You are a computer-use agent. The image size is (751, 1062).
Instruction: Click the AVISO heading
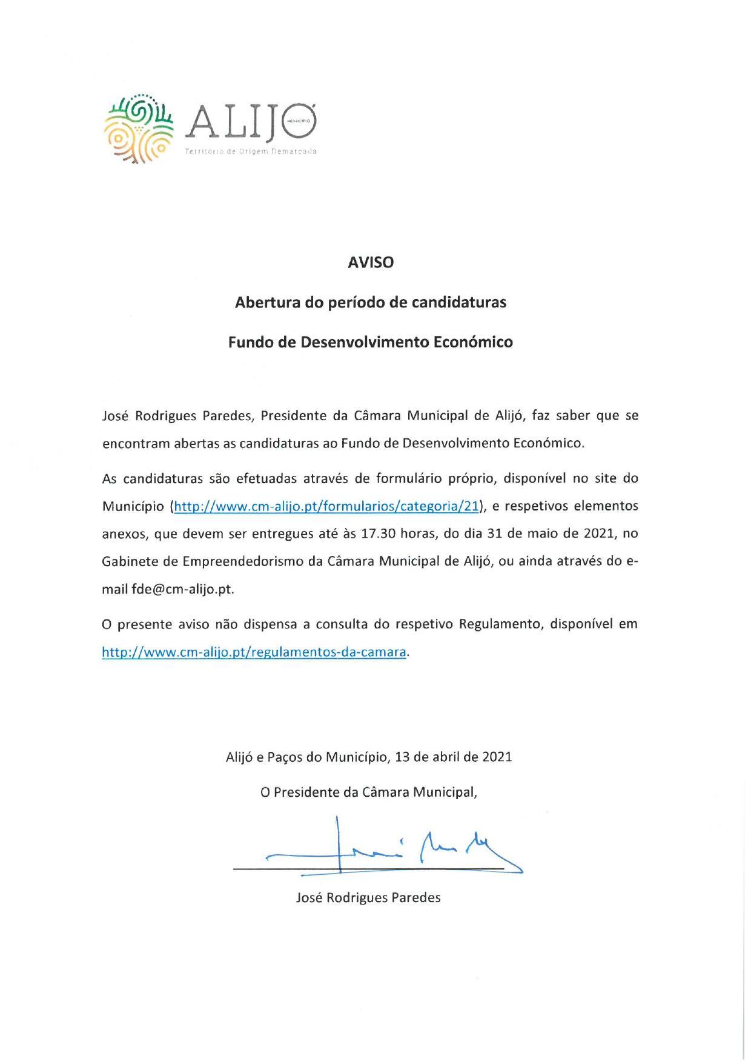click(x=370, y=263)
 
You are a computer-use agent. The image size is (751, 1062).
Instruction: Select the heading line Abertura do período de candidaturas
click(x=370, y=302)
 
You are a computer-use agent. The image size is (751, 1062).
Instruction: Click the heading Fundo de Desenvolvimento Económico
click(x=370, y=342)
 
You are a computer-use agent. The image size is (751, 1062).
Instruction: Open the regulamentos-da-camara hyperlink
click(x=254, y=652)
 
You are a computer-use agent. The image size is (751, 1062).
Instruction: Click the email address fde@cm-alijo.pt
click(x=182, y=589)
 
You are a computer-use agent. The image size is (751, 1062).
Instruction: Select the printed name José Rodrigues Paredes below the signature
click(x=368, y=897)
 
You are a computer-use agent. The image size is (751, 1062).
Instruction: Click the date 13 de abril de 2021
click(x=453, y=757)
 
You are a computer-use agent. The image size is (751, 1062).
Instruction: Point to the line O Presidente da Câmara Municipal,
click(x=368, y=792)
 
